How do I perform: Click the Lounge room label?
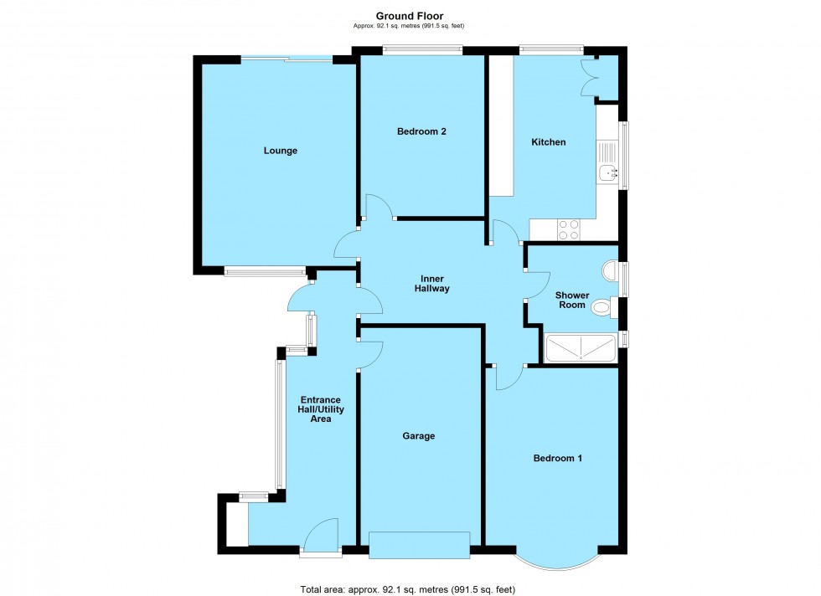[281, 151]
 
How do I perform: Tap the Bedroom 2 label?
[421, 131]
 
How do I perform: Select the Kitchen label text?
[549, 142]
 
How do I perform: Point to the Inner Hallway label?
[432, 284]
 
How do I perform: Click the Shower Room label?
[572, 300]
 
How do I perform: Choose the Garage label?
[418, 436]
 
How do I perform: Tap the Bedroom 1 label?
[558, 458]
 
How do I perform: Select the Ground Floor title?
[410, 16]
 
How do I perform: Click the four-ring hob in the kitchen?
[569, 229]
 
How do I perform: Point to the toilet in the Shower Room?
[601, 309]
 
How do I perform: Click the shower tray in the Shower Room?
[580, 349]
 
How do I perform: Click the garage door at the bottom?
[419, 545]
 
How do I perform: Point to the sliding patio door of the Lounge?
[286, 59]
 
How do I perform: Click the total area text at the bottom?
[407, 589]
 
